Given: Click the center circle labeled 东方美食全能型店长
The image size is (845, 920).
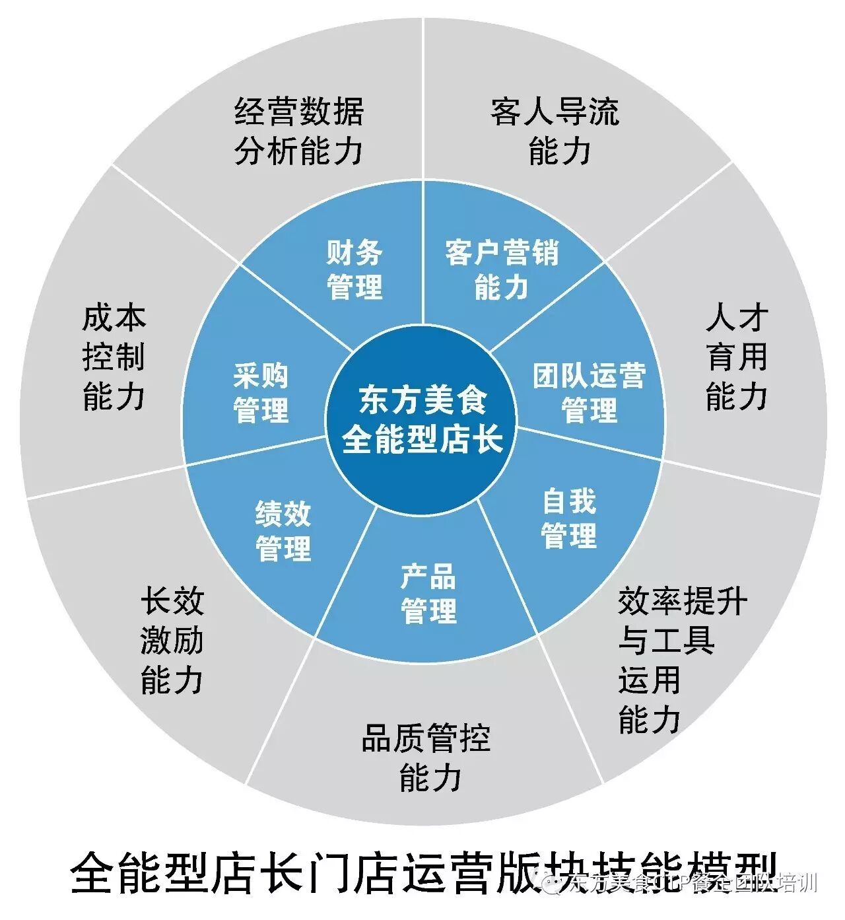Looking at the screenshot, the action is pyautogui.click(x=422, y=420).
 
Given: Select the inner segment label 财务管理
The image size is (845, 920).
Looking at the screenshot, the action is pyautogui.click(x=355, y=270).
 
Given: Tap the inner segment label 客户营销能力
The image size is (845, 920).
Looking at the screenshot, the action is pyautogui.click(x=502, y=270).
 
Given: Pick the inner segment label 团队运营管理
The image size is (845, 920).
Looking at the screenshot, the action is pyautogui.click(x=589, y=393).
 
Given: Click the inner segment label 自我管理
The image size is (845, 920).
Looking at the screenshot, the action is pyautogui.click(x=569, y=518).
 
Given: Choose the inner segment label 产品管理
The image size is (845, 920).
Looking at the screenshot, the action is pyautogui.click(x=428, y=594).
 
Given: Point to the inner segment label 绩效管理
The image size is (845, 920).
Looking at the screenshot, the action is pyautogui.click(x=283, y=532).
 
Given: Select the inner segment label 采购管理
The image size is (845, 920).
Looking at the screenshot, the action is pyautogui.click(x=261, y=393).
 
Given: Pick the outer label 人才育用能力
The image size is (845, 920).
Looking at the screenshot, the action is pyautogui.click(x=737, y=357).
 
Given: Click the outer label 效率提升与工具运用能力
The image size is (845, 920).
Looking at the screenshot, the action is pyautogui.click(x=680, y=660).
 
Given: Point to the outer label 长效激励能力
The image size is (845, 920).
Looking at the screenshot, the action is pyautogui.click(x=172, y=641).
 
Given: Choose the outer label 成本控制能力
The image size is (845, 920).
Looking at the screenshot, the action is pyautogui.click(x=114, y=357).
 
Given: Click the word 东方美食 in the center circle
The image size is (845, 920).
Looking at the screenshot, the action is pyautogui.click(x=422, y=400).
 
